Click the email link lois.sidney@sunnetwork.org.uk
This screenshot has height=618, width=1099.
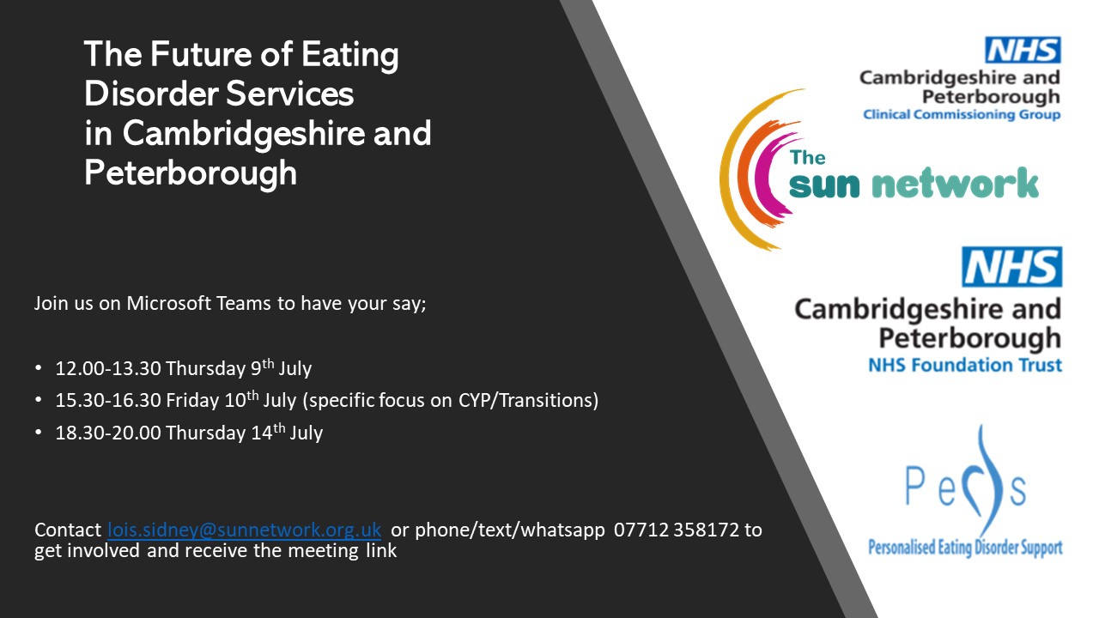[245, 530]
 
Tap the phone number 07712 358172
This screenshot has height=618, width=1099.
[676, 530]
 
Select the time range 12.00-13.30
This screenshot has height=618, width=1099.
[108, 368]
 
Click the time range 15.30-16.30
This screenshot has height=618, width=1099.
[108, 400]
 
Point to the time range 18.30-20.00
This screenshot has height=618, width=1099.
[108, 433]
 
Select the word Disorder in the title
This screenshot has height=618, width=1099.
[150, 94]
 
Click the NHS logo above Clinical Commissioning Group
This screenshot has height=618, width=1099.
[1023, 50]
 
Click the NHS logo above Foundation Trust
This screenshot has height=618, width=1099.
[1011, 267]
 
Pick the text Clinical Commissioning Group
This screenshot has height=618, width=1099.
[962, 115]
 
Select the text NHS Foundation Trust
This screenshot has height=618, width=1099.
[965, 366]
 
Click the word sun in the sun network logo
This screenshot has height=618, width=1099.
[824, 185]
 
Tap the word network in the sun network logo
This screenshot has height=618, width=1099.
[955, 182]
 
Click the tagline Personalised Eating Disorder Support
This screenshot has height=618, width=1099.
[965, 548]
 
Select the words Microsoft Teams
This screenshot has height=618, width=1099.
[198, 303]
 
